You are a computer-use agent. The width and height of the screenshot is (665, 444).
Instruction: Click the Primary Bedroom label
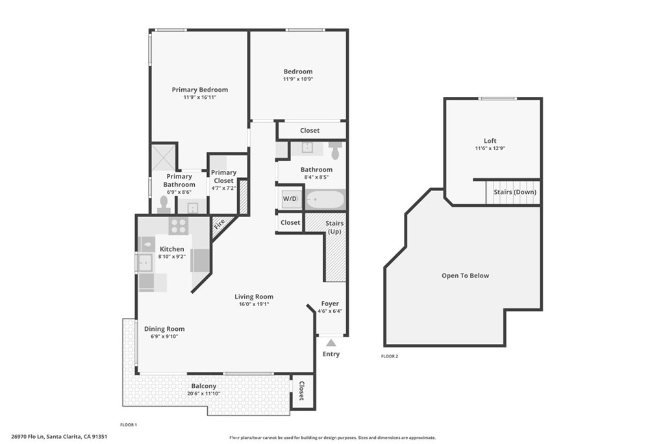[199, 90]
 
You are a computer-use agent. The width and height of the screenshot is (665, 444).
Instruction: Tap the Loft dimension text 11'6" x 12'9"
[490, 148]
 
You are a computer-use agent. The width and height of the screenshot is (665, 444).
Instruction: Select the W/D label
[289, 198]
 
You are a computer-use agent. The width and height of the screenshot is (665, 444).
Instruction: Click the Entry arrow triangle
[331, 343]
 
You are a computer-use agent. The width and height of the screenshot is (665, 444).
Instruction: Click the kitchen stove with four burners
[178, 226]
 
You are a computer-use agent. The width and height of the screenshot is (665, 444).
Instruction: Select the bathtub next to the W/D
[325, 199]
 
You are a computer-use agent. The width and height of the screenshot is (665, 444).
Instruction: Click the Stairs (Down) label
[516, 192]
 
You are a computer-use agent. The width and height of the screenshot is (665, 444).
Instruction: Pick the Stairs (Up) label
[335, 228]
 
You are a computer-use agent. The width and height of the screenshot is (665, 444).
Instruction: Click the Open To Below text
[465, 276]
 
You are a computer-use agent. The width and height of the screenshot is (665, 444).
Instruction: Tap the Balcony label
[203, 386]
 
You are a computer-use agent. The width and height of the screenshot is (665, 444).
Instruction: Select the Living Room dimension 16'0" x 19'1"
[254, 304]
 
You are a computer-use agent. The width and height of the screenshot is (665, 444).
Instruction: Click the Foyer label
[330, 304]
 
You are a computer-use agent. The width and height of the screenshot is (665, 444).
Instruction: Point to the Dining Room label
[164, 329]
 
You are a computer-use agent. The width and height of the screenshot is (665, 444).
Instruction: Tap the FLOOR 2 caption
[390, 356]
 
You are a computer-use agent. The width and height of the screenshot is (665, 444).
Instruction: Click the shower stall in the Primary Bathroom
[164, 157]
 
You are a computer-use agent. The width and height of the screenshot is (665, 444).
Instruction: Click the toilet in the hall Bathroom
[335, 151]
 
